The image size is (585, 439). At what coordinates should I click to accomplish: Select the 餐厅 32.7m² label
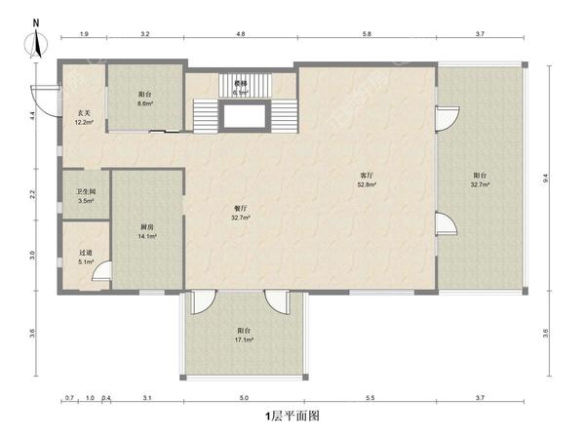(x=240, y=213)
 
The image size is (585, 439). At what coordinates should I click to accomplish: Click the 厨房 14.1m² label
(x=147, y=231)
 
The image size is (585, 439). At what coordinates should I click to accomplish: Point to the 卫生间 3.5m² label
(x=86, y=196)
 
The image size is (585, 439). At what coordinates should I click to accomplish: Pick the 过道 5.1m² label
(x=86, y=258)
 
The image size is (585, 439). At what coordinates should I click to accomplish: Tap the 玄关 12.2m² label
(x=84, y=117)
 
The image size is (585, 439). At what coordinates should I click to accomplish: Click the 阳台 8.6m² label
(x=145, y=99)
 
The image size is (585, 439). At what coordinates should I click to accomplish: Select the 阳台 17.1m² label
(x=244, y=336)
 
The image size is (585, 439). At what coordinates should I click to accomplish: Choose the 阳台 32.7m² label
(x=480, y=180)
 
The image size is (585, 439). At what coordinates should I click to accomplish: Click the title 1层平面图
(x=292, y=416)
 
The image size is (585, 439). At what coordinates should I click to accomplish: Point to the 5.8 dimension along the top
(x=367, y=34)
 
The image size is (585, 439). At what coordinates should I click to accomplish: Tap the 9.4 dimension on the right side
(x=545, y=179)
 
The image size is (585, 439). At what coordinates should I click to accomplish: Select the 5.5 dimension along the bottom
(x=370, y=398)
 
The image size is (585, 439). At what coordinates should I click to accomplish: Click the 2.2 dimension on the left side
(x=33, y=194)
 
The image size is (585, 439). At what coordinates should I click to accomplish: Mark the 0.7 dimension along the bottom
(x=69, y=398)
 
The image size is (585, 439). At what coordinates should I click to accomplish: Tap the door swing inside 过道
(x=101, y=270)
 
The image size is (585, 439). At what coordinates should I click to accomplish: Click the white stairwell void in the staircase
(x=245, y=116)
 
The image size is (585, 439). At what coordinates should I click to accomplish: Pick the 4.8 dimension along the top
(x=241, y=34)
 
